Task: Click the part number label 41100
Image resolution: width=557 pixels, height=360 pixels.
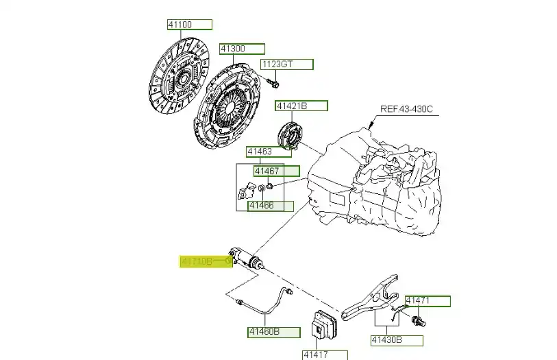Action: pos(189,25)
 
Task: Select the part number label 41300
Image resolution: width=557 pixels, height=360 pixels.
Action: pos(241,49)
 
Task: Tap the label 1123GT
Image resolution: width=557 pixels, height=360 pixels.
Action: pos(286,64)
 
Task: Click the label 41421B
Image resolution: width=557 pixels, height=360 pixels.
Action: pos(301,106)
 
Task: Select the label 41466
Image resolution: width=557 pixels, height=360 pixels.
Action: pos(271,205)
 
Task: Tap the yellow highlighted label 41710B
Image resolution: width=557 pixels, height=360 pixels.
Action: pos(206,261)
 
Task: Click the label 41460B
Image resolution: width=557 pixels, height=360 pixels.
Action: pos(273,332)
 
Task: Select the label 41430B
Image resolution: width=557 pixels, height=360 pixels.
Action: pos(397,339)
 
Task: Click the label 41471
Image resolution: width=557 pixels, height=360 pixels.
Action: pos(428,301)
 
